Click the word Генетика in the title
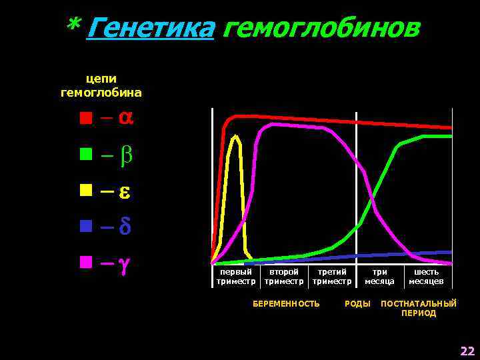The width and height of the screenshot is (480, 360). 150,29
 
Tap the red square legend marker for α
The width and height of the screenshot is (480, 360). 85,119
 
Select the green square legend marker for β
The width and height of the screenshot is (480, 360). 85,155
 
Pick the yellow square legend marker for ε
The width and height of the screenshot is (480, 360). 85,191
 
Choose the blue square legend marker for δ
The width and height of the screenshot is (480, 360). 85,226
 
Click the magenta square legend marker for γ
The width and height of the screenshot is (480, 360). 85,261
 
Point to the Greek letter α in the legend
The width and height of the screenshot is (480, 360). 125,118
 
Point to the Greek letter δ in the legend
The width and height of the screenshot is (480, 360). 124,226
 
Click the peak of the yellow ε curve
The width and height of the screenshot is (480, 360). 235,136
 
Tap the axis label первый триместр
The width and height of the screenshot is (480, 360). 236,277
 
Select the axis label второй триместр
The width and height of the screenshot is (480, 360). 284,277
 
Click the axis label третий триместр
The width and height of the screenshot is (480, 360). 332,277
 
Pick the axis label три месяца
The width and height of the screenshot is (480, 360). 379,277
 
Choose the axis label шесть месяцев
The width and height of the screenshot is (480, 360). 427,277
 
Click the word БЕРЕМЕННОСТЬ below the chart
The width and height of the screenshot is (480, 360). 286,304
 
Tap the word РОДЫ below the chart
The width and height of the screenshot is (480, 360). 357,304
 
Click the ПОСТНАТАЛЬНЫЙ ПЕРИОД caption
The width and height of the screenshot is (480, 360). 419,308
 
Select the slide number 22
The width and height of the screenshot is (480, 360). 467,351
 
